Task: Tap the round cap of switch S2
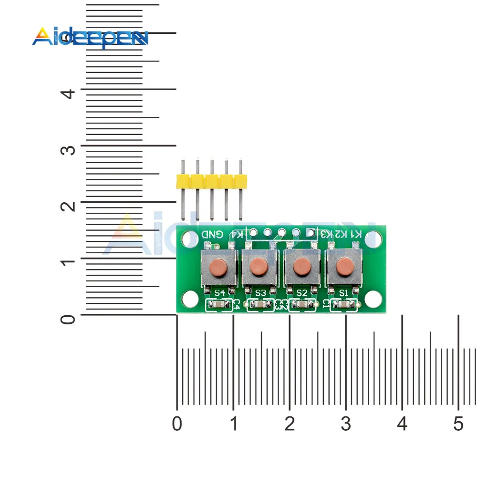pyautogui.click(x=301, y=267)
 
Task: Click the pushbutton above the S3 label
pyautogui.click(x=259, y=266)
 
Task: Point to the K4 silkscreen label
pyautogui.click(x=237, y=234)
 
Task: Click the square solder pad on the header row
pyautogui.click(x=311, y=233)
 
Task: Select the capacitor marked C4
pyautogui.click(x=218, y=304)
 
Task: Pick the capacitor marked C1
pyautogui.click(x=343, y=304)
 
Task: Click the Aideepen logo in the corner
pyautogui.click(x=90, y=37)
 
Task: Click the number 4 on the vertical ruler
pyautogui.click(x=70, y=92)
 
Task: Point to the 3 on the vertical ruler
pyautogui.click(x=70, y=149)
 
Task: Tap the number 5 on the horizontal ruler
pyautogui.click(x=458, y=424)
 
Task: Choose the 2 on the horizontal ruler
pyautogui.click(x=289, y=424)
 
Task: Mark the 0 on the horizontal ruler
pyautogui.click(x=177, y=424)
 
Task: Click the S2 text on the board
pyautogui.click(x=301, y=292)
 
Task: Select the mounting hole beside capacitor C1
pyautogui.click(x=374, y=299)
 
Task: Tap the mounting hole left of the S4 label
pyautogui.click(x=189, y=299)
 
